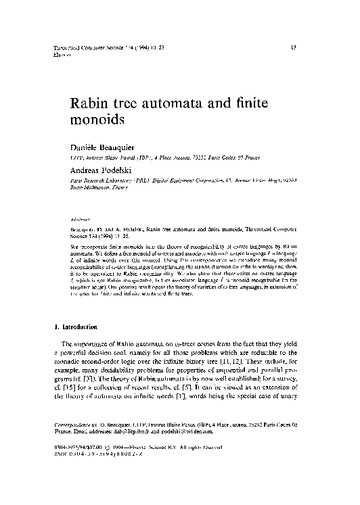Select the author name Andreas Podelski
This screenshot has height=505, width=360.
click(x=101, y=172)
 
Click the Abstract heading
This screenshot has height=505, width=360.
click(x=81, y=220)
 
